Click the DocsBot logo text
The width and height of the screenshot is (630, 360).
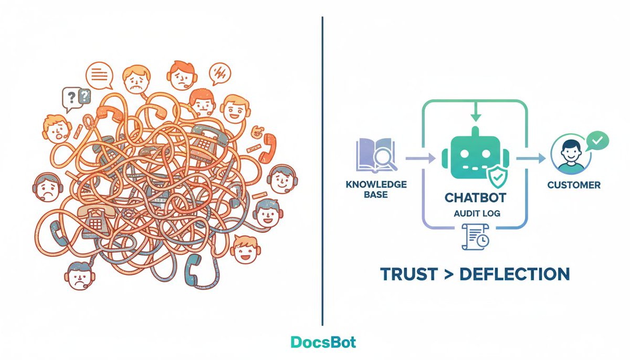323,342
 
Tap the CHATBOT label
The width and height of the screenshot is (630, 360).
475,198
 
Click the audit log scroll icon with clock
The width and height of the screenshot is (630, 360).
475,237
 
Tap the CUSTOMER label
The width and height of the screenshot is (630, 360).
574,185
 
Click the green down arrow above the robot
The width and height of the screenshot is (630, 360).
475,111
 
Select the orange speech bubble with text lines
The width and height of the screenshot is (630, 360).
99,76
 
